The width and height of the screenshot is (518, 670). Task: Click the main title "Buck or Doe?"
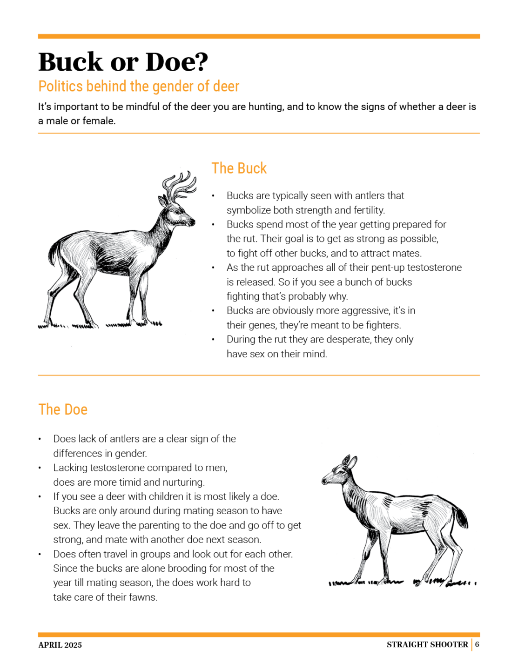point(123,62)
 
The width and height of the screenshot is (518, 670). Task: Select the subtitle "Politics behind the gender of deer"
point(139,87)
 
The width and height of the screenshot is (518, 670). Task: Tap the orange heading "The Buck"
point(239,168)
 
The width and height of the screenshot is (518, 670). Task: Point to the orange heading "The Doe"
point(63,409)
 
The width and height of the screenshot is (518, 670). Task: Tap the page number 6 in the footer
point(477,644)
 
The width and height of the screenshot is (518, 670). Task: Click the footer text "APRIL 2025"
point(60,645)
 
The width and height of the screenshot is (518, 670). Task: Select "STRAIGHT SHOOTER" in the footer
point(427,644)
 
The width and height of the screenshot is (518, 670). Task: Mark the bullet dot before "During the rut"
point(213,340)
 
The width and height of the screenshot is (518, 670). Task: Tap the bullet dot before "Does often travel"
point(40,555)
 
